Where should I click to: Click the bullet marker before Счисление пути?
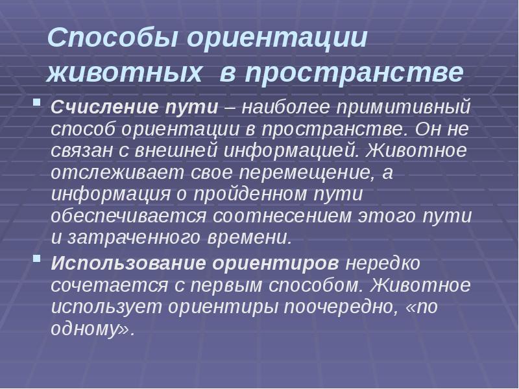pos(37,103)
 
